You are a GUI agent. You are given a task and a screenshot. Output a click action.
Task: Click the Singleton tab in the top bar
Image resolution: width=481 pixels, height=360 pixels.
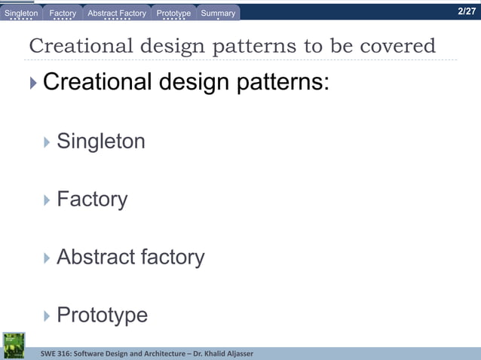tap(21, 13)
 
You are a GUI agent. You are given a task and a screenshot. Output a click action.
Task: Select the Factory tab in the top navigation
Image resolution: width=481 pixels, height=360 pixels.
tap(63, 13)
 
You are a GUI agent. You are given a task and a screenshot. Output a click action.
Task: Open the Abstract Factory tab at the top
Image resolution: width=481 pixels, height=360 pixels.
tap(117, 13)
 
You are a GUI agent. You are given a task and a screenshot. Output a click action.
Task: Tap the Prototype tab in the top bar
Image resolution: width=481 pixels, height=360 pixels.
tap(173, 13)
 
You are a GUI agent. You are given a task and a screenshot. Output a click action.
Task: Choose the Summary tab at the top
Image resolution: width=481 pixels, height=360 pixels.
tap(218, 13)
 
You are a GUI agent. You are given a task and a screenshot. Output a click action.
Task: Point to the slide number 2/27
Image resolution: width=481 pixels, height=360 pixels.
tap(467, 11)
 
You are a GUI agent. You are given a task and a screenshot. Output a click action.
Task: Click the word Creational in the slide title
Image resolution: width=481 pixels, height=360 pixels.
tap(74, 46)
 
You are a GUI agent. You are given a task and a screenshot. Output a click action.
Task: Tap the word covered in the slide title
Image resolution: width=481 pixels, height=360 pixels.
tap(397, 46)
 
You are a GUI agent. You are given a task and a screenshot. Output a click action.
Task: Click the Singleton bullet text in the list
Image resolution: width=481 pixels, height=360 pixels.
tap(101, 141)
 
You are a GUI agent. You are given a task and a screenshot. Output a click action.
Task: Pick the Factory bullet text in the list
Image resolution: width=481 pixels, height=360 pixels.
tap(92, 199)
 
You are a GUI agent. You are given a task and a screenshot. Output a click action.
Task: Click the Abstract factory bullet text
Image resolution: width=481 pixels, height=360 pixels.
tap(130, 257)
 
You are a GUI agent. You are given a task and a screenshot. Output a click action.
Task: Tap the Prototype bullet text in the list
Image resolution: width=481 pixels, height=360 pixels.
tap(102, 315)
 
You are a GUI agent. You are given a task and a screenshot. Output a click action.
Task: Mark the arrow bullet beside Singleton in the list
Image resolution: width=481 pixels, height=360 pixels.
tap(47, 141)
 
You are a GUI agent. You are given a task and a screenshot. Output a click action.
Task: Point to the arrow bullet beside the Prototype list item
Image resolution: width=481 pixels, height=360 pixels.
tap(47, 315)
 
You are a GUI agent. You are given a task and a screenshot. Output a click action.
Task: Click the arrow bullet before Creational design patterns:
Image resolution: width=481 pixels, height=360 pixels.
tap(33, 82)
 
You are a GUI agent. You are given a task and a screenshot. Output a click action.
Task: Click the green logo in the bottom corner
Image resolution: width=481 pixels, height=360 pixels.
tap(14, 345)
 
